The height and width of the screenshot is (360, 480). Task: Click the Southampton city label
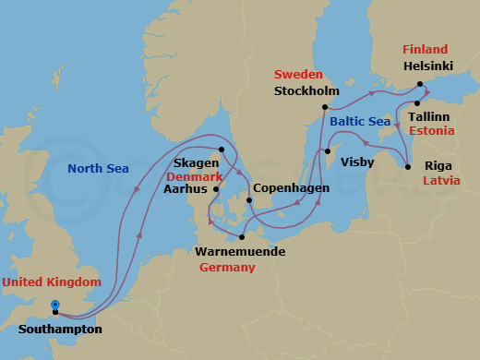pyautogui.click(x=60, y=329)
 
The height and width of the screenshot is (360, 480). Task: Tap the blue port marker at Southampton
pyautogui.click(x=55, y=305)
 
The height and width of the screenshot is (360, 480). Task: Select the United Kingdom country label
pyautogui.click(x=51, y=282)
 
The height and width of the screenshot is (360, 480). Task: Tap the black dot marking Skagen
pyautogui.click(x=222, y=150)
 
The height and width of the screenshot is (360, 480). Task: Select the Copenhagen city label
pyautogui.click(x=292, y=187)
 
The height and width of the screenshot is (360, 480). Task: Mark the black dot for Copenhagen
pyautogui.click(x=249, y=200)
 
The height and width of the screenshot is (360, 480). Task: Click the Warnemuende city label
pyautogui.click(x=240, y=251)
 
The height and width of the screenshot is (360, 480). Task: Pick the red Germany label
pyautogui.click(x=227, y=267)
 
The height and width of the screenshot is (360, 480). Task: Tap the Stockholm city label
pyautogui.click(x=306, y=91)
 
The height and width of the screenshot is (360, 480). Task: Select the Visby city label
pyautogui.click(x=357, y=162)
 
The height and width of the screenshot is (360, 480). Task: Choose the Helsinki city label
pyautogui.click(x=430, y=66)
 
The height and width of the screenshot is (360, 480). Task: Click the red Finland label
pyautogui.click(x=425, y=49)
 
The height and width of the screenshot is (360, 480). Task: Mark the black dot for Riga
pyautogui.click(x=408, y=167)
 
